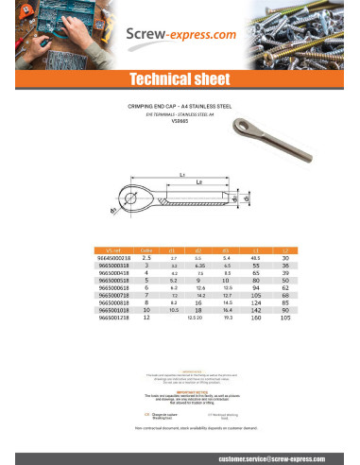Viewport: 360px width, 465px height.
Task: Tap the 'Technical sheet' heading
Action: point(180,78)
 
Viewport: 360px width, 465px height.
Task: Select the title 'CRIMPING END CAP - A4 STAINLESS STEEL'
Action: point(180,109)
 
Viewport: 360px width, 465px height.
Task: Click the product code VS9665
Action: point(180,122)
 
